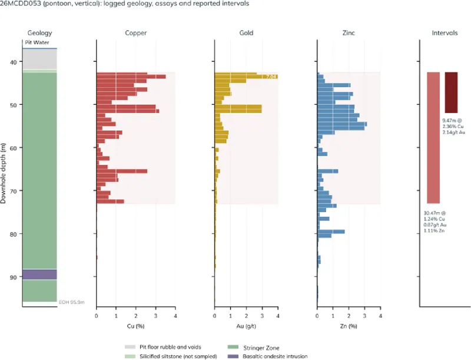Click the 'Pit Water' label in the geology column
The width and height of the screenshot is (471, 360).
tap(37, 42)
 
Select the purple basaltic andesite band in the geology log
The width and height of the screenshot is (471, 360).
tap(39, 275)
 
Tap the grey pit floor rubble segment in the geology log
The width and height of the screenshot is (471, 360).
tap(39, 59)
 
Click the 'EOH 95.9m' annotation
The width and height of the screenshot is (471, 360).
tap(71, 302)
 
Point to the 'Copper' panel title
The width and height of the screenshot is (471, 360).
tap(136, 33)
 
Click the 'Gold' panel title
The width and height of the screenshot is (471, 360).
tap(246, 33)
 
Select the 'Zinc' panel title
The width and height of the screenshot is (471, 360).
tap(349, 33)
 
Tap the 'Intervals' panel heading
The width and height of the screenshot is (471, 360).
tap(445, 33)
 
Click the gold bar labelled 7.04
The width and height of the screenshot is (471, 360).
tap(246, 77)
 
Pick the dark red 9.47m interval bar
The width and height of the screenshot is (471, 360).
tap(451, 93)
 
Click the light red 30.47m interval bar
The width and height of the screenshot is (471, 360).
tap(433, 138)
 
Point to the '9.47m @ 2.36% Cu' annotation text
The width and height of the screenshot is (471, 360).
tap(453, 123)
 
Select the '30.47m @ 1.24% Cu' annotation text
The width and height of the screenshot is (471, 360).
tap(434, 216)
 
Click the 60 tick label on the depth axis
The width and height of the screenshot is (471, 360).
tap(13, 148)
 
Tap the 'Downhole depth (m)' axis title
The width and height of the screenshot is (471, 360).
tap(4, 173)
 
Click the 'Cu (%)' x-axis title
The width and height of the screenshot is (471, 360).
tap(136, 326)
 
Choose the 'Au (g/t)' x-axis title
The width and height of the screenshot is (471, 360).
tap(246, 326)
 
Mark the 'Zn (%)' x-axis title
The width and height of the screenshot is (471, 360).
tap(349, 326)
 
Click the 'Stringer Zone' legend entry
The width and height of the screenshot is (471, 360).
tap(254, 348)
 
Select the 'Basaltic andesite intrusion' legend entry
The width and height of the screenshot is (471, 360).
tap(268, 356)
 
